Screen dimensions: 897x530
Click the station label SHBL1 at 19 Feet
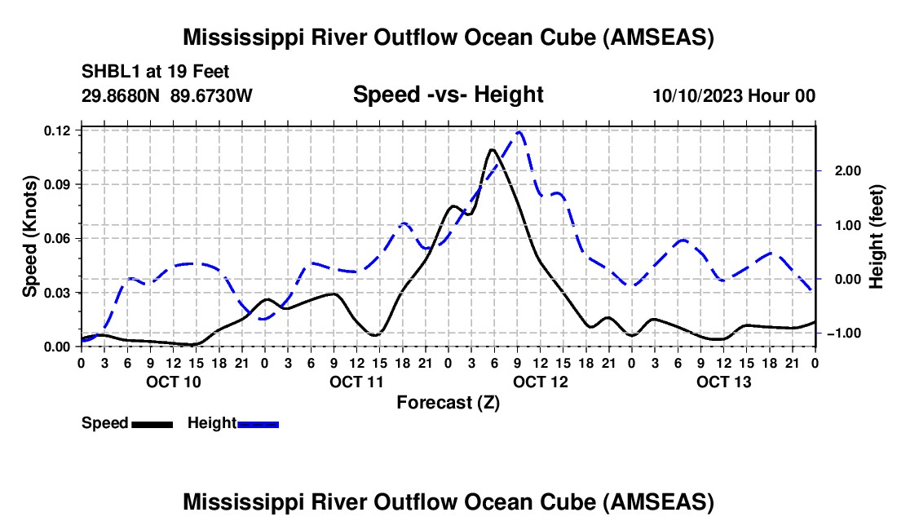coord(155,72)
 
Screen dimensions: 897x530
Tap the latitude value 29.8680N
coord(121,95)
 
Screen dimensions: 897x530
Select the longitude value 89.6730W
coord(211,95)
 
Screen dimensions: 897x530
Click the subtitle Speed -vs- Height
coord(448,95)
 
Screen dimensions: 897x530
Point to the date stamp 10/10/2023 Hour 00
coord(734,95)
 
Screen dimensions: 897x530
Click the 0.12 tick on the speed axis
coord(59,131)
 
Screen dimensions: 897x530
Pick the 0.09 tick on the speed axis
coord(59,184)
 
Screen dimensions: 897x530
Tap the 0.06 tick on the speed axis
coord(59,238)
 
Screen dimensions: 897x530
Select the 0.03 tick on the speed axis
coord(59,293)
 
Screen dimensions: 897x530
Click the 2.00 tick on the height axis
coord(848,171)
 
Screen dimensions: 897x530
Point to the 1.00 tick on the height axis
coord(848,225)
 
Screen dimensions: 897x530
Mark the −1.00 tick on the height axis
coord(844,333)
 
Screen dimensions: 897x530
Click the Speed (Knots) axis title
coord(29,236)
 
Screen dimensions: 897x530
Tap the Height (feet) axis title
coord(877,236)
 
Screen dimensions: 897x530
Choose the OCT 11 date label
coord(357,382)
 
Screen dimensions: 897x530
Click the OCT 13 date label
coord(723,382)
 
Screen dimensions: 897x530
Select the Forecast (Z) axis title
coord(448,403)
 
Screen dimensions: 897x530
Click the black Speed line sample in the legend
coord(152,425)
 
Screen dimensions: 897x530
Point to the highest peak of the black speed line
coord(492,150)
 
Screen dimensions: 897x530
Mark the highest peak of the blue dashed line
coord(519,132)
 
